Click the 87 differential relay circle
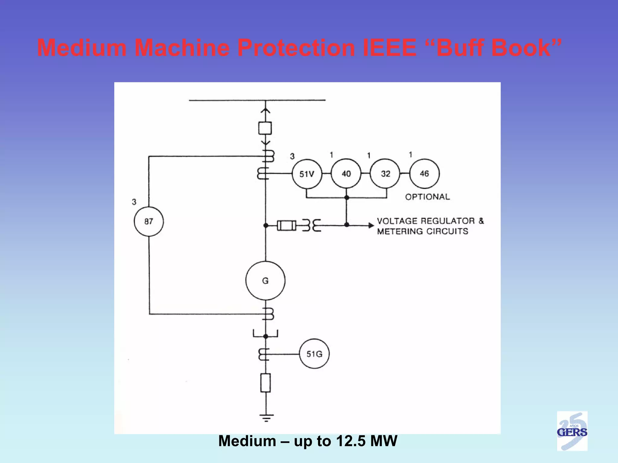point(149,221)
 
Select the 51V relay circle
point(307,174)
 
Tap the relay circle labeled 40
point(346,174)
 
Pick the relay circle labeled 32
point(385,174)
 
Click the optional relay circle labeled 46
point(424,173)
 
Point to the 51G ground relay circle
point(314,354)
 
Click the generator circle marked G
point(265,281)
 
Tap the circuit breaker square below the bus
point(265,128)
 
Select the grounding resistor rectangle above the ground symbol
point(265,383)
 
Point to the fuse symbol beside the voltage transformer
point(286,225)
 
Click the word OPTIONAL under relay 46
point(427,197)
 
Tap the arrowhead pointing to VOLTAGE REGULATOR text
point(371,225)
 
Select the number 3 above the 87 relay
point(134,202)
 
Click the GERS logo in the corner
point(572,431)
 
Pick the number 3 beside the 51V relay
point(292,156)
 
